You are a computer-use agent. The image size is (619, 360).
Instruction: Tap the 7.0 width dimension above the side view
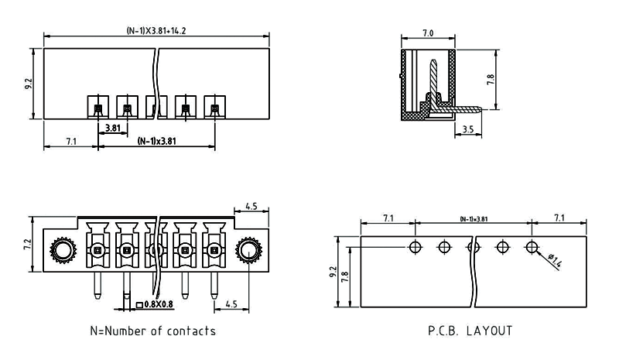pyautogui.click(x=428, y=33)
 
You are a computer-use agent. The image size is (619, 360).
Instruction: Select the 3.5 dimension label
pyautogui.click(x=468, y=131)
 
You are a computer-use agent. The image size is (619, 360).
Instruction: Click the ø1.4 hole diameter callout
pyautogui.click(x=555, y=260)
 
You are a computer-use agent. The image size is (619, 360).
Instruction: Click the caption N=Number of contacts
pyautogui.click(x=152, y=331)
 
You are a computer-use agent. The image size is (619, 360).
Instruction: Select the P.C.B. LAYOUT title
pyautogui.click(x=470, y=331)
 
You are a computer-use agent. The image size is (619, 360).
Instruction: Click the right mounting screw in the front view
pyautogui.click(x=249, y=249)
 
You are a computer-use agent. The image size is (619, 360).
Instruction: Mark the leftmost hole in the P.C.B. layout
pyautogui.click(x=416, y=247)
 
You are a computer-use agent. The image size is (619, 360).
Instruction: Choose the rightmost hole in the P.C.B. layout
pyautogui.click(x=532, y=247)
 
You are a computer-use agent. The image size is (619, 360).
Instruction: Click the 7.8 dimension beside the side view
pyautogui.click(x=491, y=80)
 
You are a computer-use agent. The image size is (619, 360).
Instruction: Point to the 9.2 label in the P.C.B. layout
pyautogui.click(x=334, y=273)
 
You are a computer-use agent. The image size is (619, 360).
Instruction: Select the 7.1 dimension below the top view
pyautogui.click(x=70, y=142)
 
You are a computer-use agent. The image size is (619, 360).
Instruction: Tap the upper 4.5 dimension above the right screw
pyautogui.click(x=251, y=207)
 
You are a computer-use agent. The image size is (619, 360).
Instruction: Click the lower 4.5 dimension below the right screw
pyautogui.click(x=231, y=304)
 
